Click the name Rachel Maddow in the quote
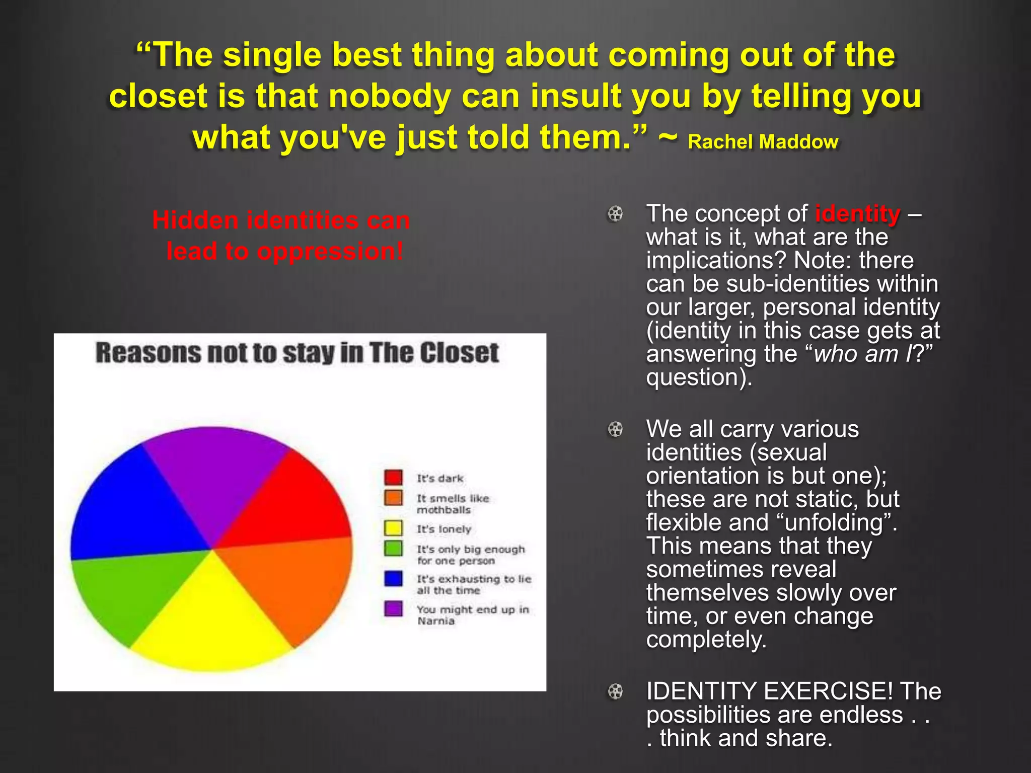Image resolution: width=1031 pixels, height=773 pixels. (762, 142)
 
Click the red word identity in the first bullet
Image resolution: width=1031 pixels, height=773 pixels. (857, 214)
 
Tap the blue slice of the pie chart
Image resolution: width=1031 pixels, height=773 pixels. (136, 508)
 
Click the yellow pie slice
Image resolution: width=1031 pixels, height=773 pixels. (211, 624)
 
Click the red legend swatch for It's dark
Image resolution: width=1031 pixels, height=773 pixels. (393, 477)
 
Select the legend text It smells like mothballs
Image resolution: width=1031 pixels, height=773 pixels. (452, 504)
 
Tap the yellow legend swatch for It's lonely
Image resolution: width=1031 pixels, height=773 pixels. (393, 528)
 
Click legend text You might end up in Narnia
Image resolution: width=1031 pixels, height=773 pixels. (472, 615)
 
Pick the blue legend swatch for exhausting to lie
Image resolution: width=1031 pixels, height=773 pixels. (393, 578)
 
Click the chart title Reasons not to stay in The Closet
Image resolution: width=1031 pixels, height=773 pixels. (297, 353)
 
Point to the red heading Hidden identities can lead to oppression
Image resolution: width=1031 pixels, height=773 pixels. (282, 236)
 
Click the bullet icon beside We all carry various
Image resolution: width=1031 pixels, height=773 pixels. (615, 429)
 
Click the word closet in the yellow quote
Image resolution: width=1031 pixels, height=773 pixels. (158, 96)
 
